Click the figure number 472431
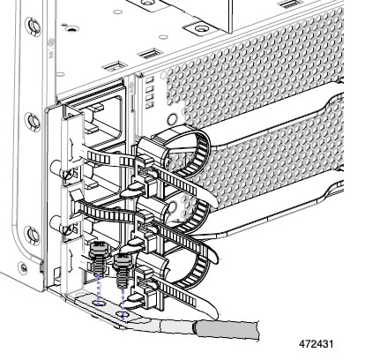point(317,344)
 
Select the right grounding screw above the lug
point(122,271)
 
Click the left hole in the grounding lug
point(100,303)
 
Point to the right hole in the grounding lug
point(123,316)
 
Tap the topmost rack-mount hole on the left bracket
point(33,26)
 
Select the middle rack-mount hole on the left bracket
point(33,122)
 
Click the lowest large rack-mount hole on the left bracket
point(32,236)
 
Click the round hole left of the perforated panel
point(172,119)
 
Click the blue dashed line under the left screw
point(99,289)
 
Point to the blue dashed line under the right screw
point(123,303)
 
